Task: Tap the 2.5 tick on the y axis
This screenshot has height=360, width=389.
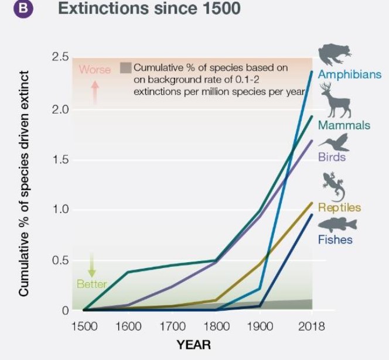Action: (61, 57)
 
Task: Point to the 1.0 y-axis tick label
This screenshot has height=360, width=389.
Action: (61, 210)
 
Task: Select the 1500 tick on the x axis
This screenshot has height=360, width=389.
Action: (84, 327)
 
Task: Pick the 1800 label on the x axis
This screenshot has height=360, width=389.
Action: (217, 327)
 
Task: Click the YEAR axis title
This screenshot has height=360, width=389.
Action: (193, 345)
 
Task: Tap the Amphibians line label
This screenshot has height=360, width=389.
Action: (350, 75)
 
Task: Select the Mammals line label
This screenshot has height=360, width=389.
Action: (344, 125)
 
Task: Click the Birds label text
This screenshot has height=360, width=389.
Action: (332, 157)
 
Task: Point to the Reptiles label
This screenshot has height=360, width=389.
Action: (339, 207)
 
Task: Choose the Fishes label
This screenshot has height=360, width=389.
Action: (335, 239)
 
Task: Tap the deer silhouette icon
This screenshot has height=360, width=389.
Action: (335, 100)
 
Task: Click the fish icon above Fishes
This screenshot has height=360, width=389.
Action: (337, 224)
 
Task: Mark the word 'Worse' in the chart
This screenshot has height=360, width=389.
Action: (95, 70)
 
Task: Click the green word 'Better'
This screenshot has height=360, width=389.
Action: (92, 284)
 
